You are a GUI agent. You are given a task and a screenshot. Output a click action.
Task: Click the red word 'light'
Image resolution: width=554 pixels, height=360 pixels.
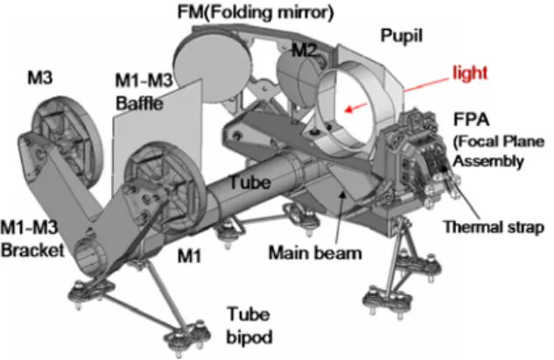click(x=470, y=74)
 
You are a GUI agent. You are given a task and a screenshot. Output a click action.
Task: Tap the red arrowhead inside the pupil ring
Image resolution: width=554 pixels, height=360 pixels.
click(x=349, y=109)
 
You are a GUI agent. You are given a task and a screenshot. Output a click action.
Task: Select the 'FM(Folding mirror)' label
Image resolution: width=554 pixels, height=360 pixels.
click(x=256, y=12)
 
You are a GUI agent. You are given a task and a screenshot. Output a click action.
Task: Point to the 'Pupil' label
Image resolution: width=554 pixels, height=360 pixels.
click(x=402, y=36)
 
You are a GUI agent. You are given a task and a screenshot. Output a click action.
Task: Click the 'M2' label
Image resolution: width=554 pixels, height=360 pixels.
click(x=305, y=51)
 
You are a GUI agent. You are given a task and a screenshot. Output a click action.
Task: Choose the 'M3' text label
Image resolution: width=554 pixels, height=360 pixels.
click(x=40, y=78)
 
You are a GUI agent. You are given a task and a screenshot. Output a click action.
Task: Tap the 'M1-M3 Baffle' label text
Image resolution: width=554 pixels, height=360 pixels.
click(x=144, y=92)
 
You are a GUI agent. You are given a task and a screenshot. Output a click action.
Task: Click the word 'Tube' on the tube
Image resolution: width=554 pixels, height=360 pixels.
click(x=250, y=182)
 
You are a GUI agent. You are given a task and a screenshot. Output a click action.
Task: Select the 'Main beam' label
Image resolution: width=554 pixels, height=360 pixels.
click(x=315, y=253)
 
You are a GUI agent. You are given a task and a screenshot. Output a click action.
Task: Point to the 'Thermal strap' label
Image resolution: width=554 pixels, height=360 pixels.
click(x=494, y=227)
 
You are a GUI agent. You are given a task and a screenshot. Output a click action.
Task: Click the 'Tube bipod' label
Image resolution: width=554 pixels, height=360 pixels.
click(x=249, y=325)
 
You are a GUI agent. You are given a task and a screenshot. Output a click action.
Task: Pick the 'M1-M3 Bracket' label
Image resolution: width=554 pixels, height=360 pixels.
click(x=32, y=238)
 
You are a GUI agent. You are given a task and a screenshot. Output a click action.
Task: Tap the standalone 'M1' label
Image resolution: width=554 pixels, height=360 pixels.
click(x=189, y=255)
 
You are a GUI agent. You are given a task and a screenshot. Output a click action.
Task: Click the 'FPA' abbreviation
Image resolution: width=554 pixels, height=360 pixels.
click(x=472, y=119)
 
